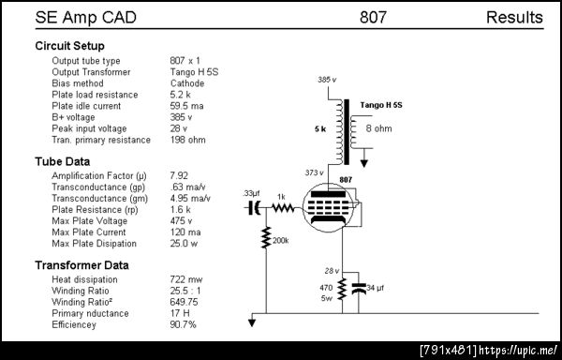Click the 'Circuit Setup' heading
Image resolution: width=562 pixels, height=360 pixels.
(70, 46)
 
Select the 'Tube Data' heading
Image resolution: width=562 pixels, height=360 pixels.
(63, 161)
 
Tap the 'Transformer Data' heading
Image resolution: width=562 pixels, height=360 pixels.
(81, 265)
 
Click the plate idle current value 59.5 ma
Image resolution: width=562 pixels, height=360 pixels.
(186, 106)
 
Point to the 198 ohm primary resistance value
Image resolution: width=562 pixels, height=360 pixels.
(188, 140)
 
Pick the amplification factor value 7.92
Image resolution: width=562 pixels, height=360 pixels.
(179, 175)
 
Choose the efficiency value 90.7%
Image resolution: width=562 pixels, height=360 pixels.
(184, 325)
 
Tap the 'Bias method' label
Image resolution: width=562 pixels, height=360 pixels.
(78, 83)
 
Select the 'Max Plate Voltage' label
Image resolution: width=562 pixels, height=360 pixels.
(90, 221)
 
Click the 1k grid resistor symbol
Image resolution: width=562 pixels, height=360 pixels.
(283, 207)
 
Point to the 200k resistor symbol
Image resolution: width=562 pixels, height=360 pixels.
(266, 237)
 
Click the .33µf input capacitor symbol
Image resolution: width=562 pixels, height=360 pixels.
(254, 207)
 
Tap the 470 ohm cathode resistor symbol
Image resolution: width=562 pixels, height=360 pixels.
(342, 289)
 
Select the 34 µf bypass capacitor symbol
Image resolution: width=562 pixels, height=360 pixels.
(359, 289)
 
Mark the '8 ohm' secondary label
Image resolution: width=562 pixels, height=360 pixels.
(378, 128)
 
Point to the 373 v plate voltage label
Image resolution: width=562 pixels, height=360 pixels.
(315, 172)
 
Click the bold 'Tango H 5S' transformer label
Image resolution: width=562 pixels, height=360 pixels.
(381, 105)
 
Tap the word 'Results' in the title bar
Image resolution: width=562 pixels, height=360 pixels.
(514, 17)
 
